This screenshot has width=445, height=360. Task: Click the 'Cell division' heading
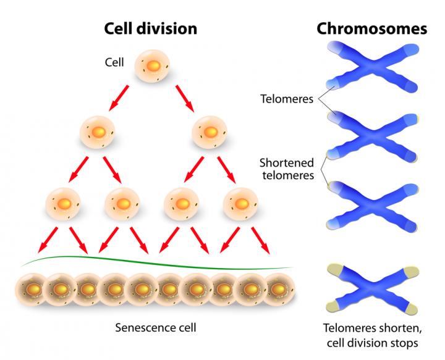(150, 28)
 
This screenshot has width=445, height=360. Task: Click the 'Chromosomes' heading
(371, 28)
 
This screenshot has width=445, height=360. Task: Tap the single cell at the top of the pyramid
(152, 65)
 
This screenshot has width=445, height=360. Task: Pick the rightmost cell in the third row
(240, 203)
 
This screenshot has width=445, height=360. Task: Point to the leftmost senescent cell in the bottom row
(32, 288)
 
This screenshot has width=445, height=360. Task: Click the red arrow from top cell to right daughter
(184, 97)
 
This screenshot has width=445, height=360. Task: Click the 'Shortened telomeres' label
(287, 169)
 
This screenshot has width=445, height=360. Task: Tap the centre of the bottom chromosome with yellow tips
(375, 287)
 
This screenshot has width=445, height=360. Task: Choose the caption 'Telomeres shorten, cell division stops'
(371, 334)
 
